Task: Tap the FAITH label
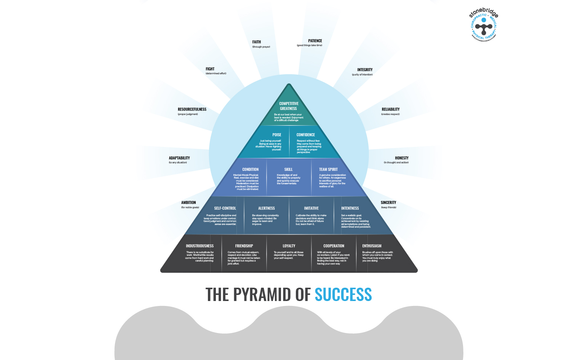point(257,42)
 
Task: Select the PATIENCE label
point(315,41)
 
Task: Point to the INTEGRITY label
point(365,70)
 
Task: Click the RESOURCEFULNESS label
point(192,109)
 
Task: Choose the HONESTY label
point(402,158)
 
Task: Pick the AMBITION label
point(188,202)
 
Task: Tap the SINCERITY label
point(388,202)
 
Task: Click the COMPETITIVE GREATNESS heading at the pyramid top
point(289,106)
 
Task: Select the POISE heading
point(277,135)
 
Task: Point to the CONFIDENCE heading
point(306,135)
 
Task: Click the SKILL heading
point(289,169)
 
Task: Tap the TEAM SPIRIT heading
point(328,169)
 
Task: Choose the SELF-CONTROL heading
point(225,208)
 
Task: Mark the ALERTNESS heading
point(267,208)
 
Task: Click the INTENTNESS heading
point(350,208)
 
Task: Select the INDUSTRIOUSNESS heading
point(200,246)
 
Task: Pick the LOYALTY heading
point(289,246)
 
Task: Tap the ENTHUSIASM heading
point(372,246)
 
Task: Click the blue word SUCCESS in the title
point(343,295)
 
